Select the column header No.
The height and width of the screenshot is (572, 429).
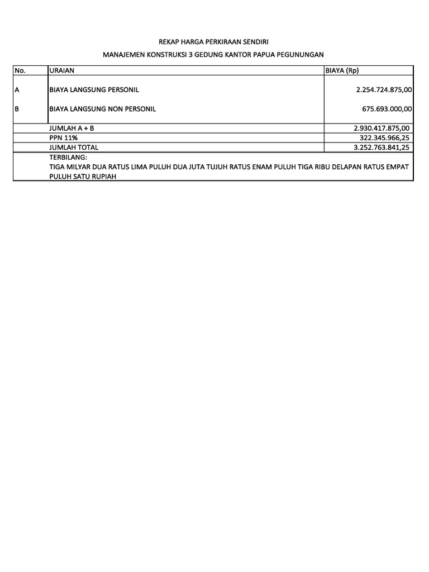(20, 70)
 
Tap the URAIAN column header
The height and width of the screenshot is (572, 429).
(61, 70)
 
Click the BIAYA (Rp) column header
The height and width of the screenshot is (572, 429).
(341, 70)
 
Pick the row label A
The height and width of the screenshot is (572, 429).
(17, 89)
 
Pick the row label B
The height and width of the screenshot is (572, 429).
(17, 109)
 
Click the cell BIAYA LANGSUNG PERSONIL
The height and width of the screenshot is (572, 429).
(94, 89)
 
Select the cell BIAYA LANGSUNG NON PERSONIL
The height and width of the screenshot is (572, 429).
(102, 109)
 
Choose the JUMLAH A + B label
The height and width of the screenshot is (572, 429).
(71, 128)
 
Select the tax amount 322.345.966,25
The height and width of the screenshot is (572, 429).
(384, 137)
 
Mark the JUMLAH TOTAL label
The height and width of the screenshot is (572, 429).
(74, 147)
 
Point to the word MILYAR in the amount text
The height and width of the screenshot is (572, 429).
(79, 166)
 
